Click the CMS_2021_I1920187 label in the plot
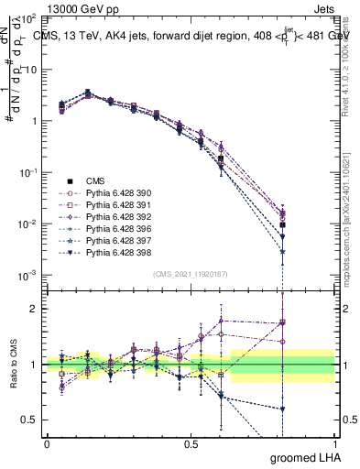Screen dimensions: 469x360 pyautogui.click(x=190, y=274)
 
